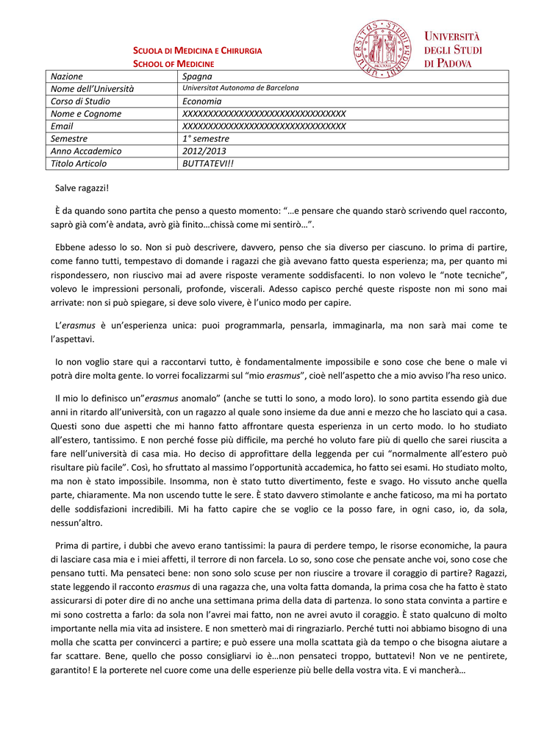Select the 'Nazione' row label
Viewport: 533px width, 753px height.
click(67, 76)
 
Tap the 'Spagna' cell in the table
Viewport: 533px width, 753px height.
click(197, 76)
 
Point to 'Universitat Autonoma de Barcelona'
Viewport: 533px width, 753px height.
click(240, 88)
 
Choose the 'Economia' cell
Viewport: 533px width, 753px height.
click(201, 101)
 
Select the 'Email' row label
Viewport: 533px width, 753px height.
click(62, 126)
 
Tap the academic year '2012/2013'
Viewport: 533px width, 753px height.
click(204, 151)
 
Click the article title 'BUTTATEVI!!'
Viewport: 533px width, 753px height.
click(207, 164)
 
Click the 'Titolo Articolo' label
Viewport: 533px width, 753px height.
click(79, 164)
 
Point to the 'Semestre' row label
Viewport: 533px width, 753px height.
click(69, 139)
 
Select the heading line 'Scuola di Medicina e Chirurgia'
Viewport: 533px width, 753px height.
click(197, 51)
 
